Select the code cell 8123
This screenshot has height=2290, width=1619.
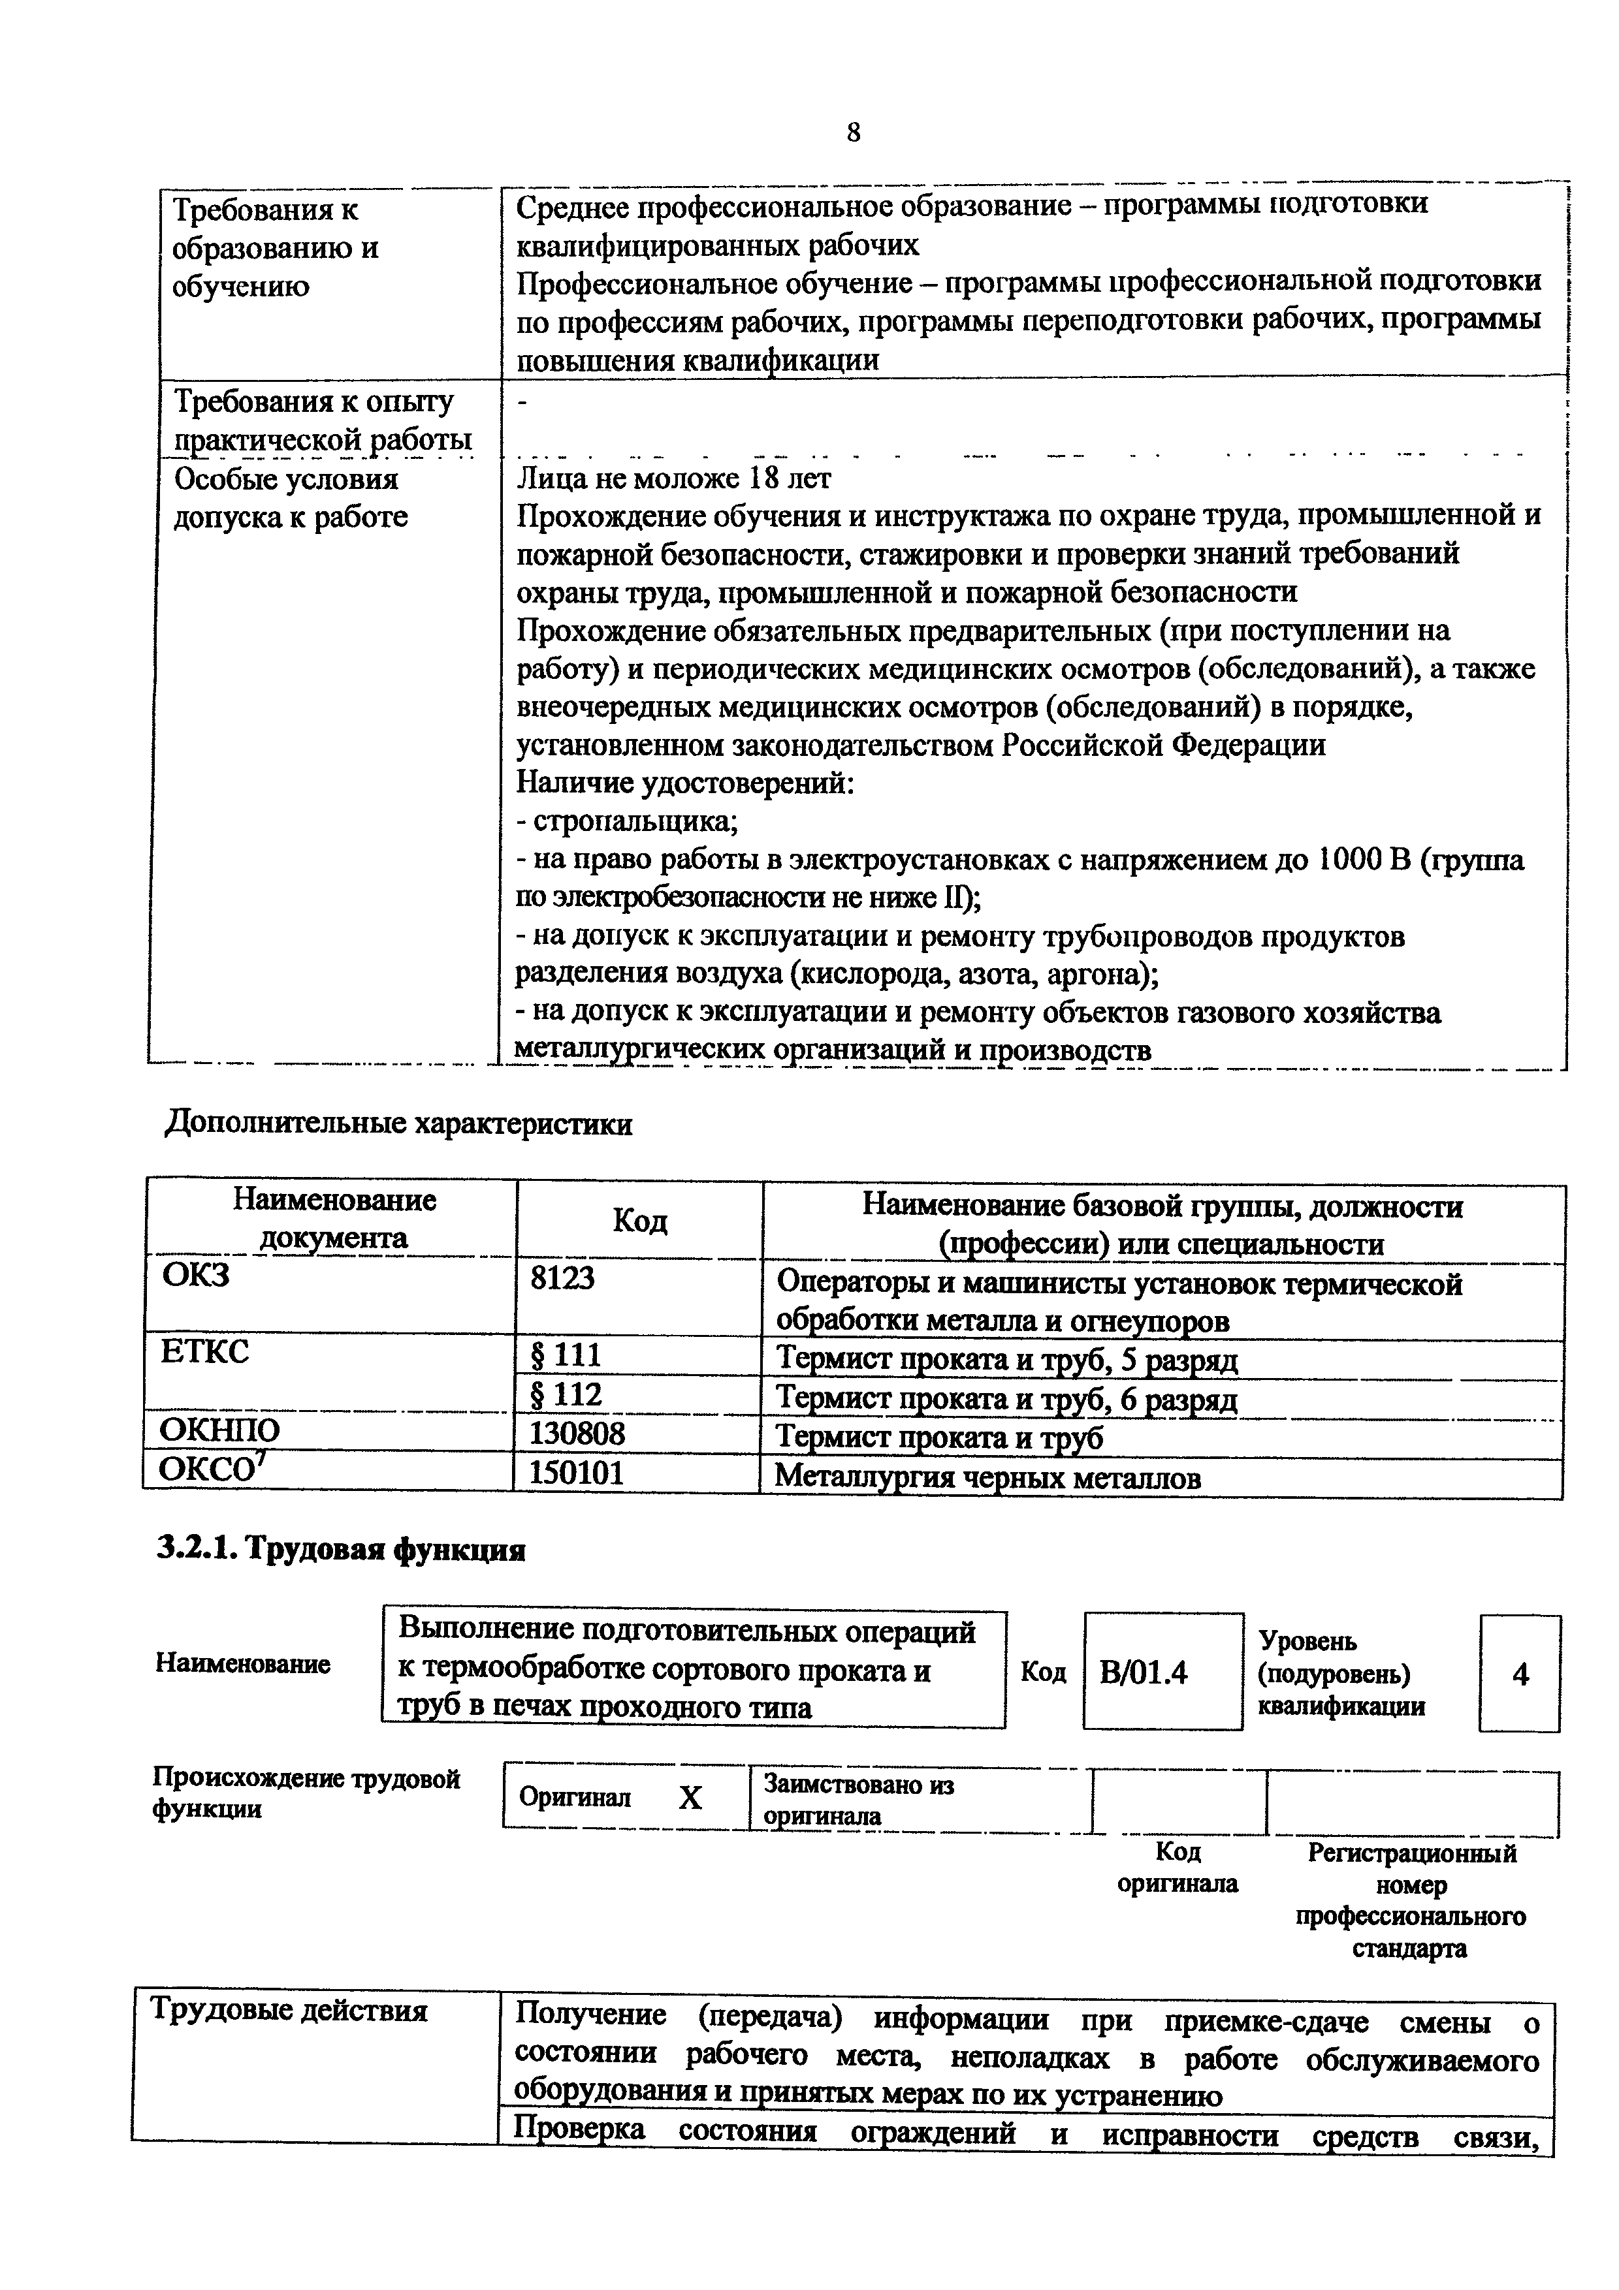(x=562, y=1278)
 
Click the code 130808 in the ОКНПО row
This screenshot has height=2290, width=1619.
(x=577, y=1434)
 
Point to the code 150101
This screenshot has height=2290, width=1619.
(x=577, y=1472)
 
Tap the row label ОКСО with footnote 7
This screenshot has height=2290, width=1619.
(x=210, y=1469)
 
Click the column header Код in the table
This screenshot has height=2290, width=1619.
(x=639, y=1221)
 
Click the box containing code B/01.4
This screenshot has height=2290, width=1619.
(x=1162, y=1672)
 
